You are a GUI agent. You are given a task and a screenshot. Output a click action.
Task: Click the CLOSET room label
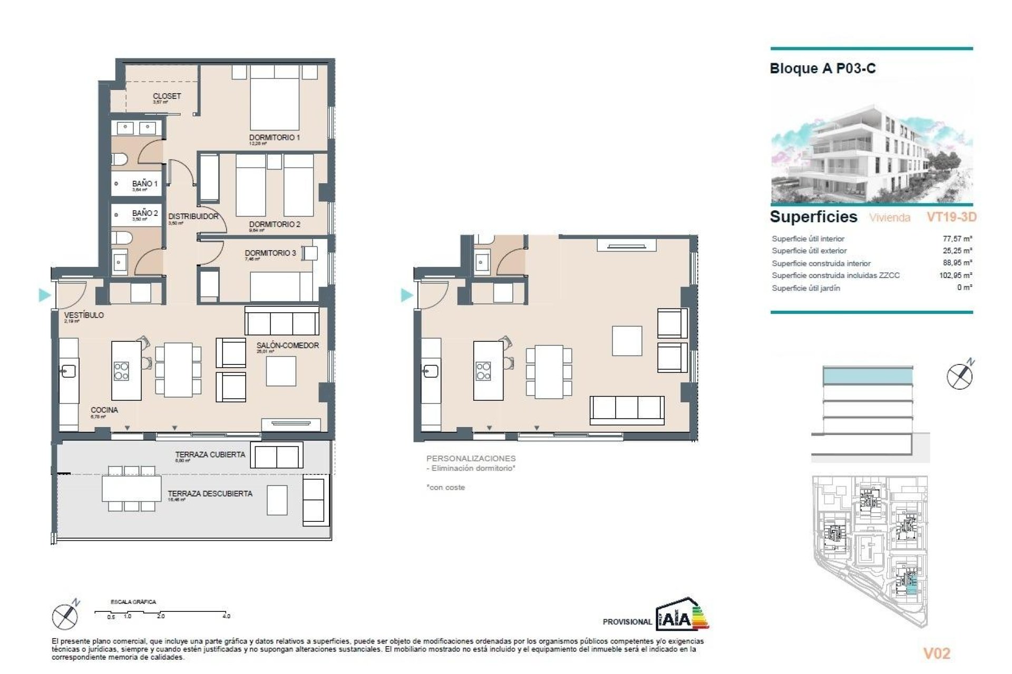coord(167,96)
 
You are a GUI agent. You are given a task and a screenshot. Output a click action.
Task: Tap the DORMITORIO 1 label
coord(274,137)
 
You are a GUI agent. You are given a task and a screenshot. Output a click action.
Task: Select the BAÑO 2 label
coord(145,213)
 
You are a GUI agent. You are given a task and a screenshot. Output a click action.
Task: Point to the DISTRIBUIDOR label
coord(193,216)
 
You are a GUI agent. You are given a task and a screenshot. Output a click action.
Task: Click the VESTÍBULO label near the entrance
coord(84,315)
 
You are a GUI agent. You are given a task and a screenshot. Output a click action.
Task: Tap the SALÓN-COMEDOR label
coord(287,345)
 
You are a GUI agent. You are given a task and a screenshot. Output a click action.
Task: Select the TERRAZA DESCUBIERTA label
coord(210,493)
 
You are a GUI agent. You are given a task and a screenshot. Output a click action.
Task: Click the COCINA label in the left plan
coord(104,410)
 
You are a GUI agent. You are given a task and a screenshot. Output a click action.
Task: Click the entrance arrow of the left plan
coord(45,295)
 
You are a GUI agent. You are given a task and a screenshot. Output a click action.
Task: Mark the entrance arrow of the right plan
coord(406,295)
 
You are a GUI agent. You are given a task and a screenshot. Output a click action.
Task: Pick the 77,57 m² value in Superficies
coord(957,239)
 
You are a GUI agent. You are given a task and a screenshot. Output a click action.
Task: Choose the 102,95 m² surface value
coord(955,275)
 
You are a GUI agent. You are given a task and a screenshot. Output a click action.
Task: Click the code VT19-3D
coord(951,217)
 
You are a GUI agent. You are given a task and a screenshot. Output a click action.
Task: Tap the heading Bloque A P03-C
coord(822,68)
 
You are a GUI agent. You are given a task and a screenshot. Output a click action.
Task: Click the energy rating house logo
coord(681,614)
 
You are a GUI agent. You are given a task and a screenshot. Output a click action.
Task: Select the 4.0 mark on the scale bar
coord(226,616)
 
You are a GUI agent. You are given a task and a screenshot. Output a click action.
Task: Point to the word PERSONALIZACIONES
coord(471,459)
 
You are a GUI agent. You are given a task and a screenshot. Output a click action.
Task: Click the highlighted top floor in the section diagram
coord(867,376)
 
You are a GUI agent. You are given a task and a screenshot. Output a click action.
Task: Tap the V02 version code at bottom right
coord(937,653)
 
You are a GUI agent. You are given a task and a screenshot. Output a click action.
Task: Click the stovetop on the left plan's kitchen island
coord(121,371)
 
